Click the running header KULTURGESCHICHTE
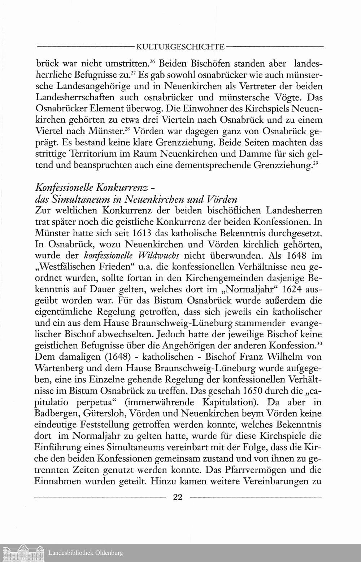[179, 47]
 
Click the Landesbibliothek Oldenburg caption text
[86, 553]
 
